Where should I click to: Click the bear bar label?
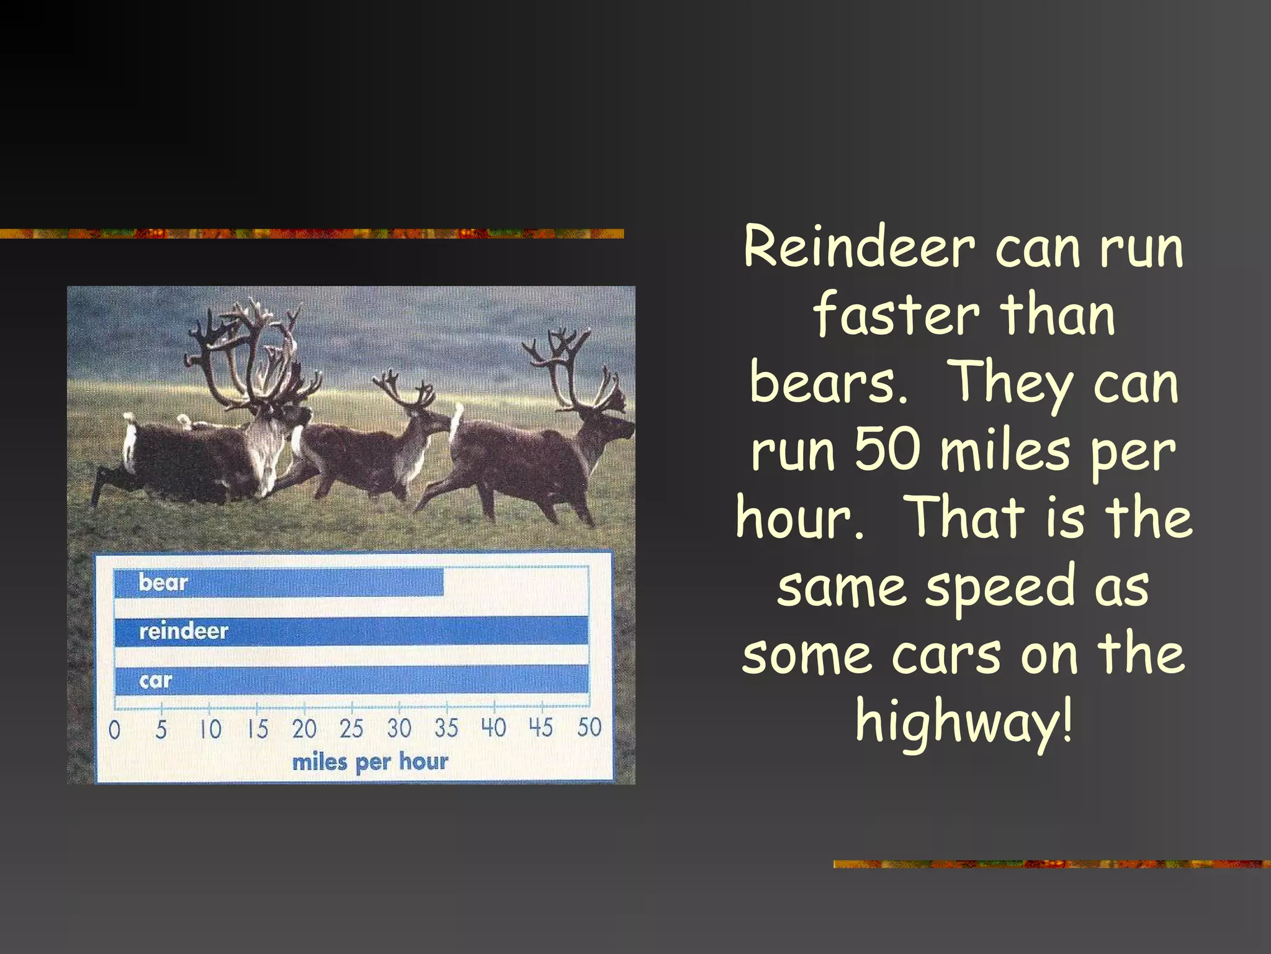pyautogui.click(x=163, y=583)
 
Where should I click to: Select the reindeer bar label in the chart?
pyautogui.click(x=184, y=632)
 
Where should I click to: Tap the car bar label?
pyautogui.click(x=155, y=681)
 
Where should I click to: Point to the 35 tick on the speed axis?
pyautogui.click(x=446, y=727)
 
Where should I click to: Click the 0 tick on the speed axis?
pyautogui.click(x=114, y=729)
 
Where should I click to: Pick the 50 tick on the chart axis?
pyautogui.click(x=589, y=727)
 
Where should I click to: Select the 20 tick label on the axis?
pyautogui.click(x=304, y=729)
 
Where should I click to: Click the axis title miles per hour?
pyautogui.click(x=370, y=762)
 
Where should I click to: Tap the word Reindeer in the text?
pyautogui.click(x=859, y=248)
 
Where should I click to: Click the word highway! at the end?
pyautogui.click(x=963, y=721)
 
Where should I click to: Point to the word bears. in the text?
pyautogui.click(x=828, y=383)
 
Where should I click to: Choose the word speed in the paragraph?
pyautogui.click(x=1000, y=586)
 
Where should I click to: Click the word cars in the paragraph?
pyautogui.click(x=946, y=655)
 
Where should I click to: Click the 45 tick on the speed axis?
pyautogui.click(x=541, y=727)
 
